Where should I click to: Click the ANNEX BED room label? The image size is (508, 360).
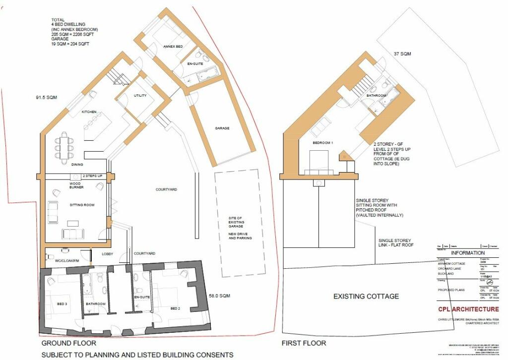pos(173,46)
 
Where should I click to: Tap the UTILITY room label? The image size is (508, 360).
pos(140,95)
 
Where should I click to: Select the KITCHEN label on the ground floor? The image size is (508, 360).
pos(89,112)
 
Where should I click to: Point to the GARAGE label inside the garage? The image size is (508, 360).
pos(222,128)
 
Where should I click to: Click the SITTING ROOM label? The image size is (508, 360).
pos(82,204)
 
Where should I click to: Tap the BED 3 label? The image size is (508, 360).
pos(62,303)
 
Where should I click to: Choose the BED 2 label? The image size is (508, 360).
pos(175,308)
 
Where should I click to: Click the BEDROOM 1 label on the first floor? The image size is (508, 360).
pos(322,142)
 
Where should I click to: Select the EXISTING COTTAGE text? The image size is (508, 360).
pos(366,296)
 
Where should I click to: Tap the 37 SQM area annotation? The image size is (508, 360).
pos(402,54)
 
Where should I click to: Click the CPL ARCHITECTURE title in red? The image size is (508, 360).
pos(468,309)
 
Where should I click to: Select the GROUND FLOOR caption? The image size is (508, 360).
pos(68,343)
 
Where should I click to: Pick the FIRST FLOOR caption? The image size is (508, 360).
pos(304,343)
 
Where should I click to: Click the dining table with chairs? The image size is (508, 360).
pos(65,144)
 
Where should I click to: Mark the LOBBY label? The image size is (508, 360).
pos(108,254)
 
